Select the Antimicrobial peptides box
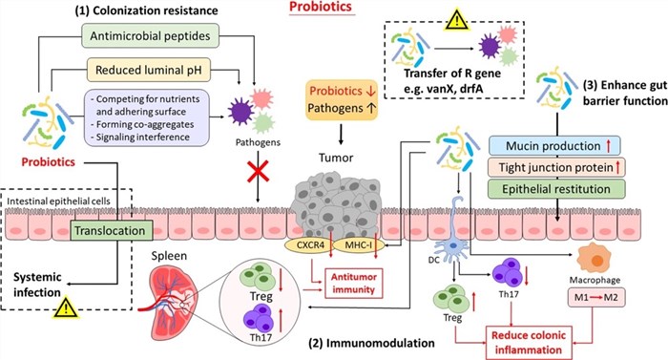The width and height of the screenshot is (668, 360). (x=149, y=38)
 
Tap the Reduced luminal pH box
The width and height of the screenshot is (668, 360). (x=150, y=71)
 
